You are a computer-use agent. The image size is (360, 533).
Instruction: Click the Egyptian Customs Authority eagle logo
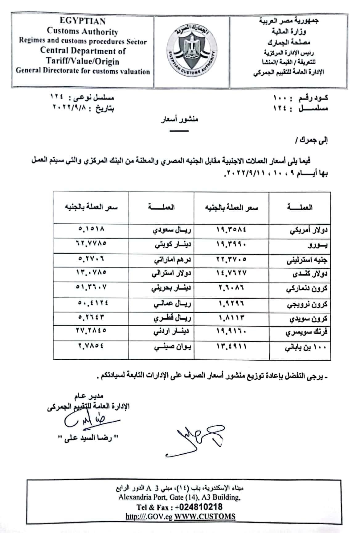pos(191,51)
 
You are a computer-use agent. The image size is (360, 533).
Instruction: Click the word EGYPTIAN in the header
pos(82,21)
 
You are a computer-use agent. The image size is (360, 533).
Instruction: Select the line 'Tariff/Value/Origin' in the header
pos(83,61)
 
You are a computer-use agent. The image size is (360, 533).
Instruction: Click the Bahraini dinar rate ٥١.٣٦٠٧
pos(91,287)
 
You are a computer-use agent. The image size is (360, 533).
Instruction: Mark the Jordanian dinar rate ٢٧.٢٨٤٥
pos(91,330)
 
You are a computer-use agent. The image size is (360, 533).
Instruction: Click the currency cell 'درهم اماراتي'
pos(173,260)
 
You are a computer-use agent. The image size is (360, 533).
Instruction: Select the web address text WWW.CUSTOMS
pos(205,516)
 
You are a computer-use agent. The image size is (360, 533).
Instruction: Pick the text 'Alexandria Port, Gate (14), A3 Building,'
pos(180,497)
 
